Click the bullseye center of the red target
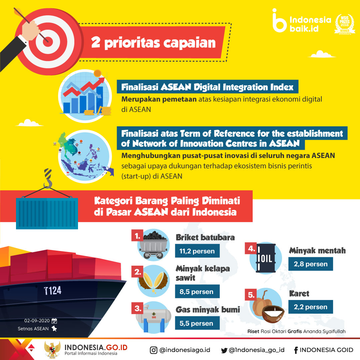click(x=48, y=42)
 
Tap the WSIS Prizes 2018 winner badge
click(x=344, y=24)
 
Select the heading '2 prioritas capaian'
click(x=153, y=43)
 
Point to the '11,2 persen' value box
click(x=197, y=251)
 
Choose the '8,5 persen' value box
click(x=197, y=292)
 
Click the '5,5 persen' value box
click(x=197, y=323)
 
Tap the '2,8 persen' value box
click(x=311, y=264)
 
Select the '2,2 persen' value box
click(x=311, y=307)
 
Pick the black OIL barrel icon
click(x=266, y=258)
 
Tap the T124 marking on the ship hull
click(x=53, y=291)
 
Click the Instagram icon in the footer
click(x=153, y=350)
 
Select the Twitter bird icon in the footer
click(x=224, y=350)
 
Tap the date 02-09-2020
click(x=37, y=321)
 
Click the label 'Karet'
click(x=299, y=293)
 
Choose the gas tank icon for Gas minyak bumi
click(x=153, y=318)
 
